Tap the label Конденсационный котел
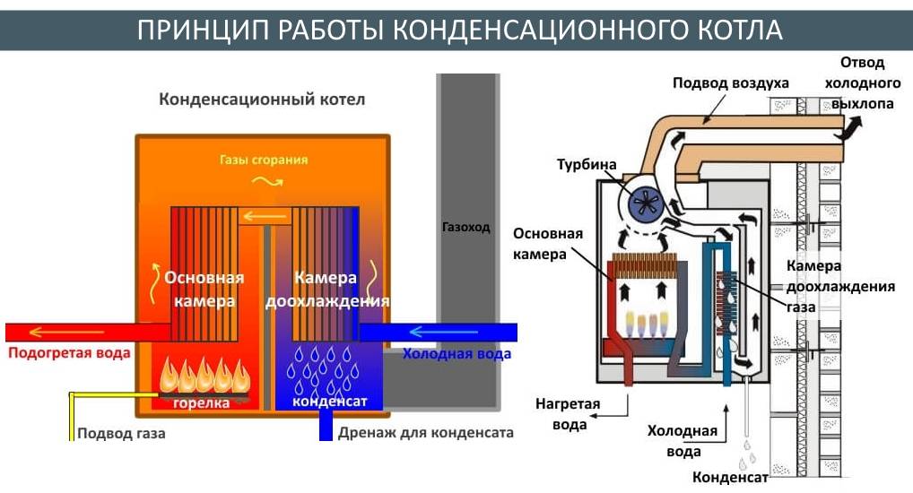click(x=262, y=99)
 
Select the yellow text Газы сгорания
click(x=264, y=160)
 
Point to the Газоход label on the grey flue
click(x=466, y=227)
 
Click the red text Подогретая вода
click(x=69, y=353)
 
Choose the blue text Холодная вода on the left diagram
click(x=456, y=354)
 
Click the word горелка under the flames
click(x=201, y=403)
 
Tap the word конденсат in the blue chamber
click(x=329, y=403)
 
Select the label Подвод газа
click(x=121, y=434)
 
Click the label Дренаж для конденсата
click(x=426, y=434)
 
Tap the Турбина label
click(x=587, y=165)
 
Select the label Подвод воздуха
click(x=731, y=83)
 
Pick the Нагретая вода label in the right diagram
click(x=570, y=414)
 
